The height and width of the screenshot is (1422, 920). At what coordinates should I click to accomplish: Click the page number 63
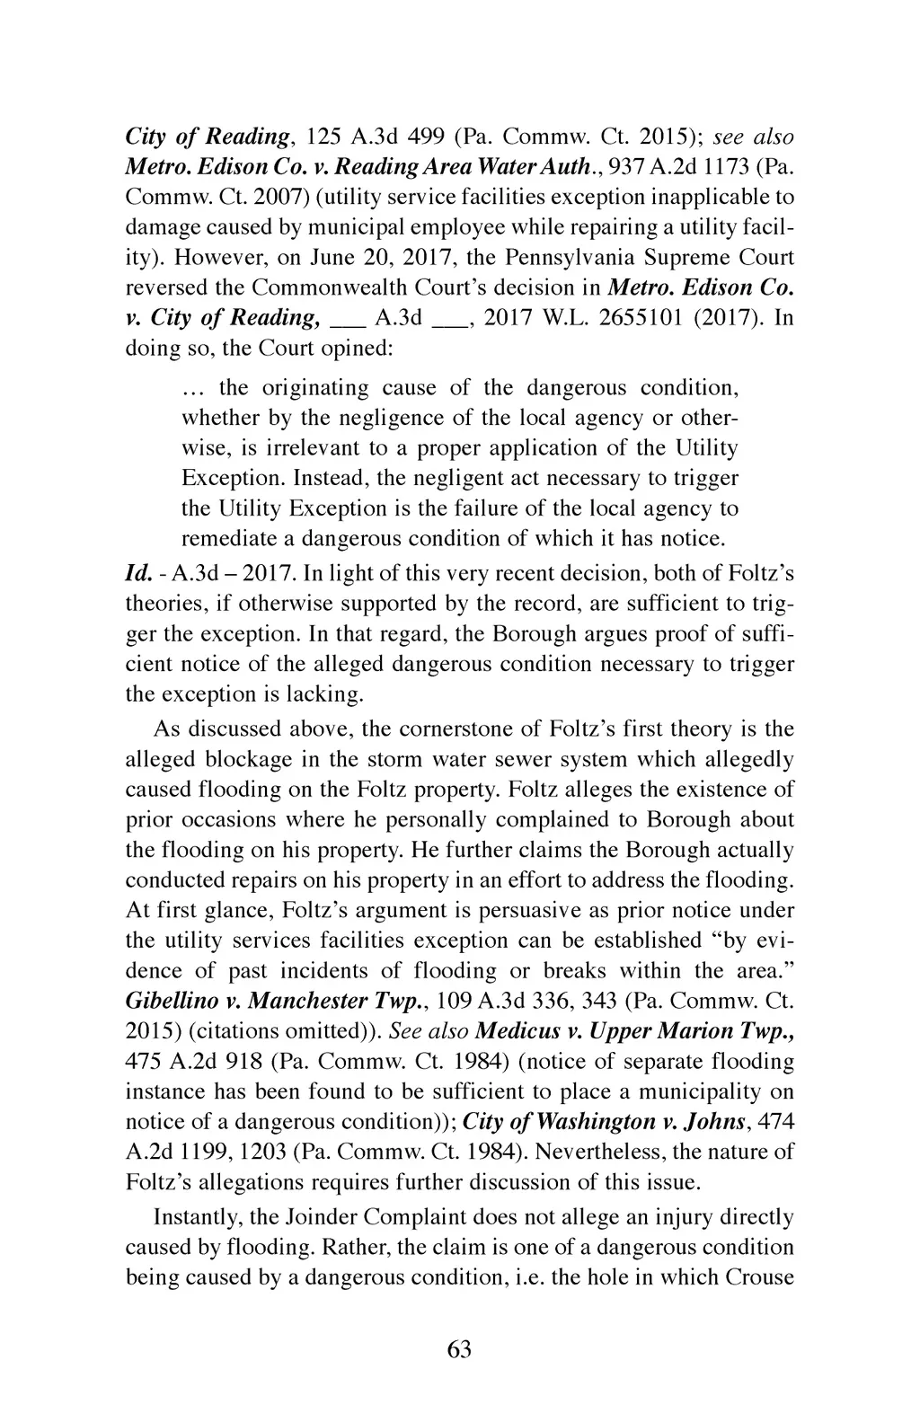point(459,1350)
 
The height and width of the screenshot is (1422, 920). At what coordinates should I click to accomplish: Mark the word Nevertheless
point(552,1152)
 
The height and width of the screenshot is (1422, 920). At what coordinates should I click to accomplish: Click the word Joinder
point(318,1217)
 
